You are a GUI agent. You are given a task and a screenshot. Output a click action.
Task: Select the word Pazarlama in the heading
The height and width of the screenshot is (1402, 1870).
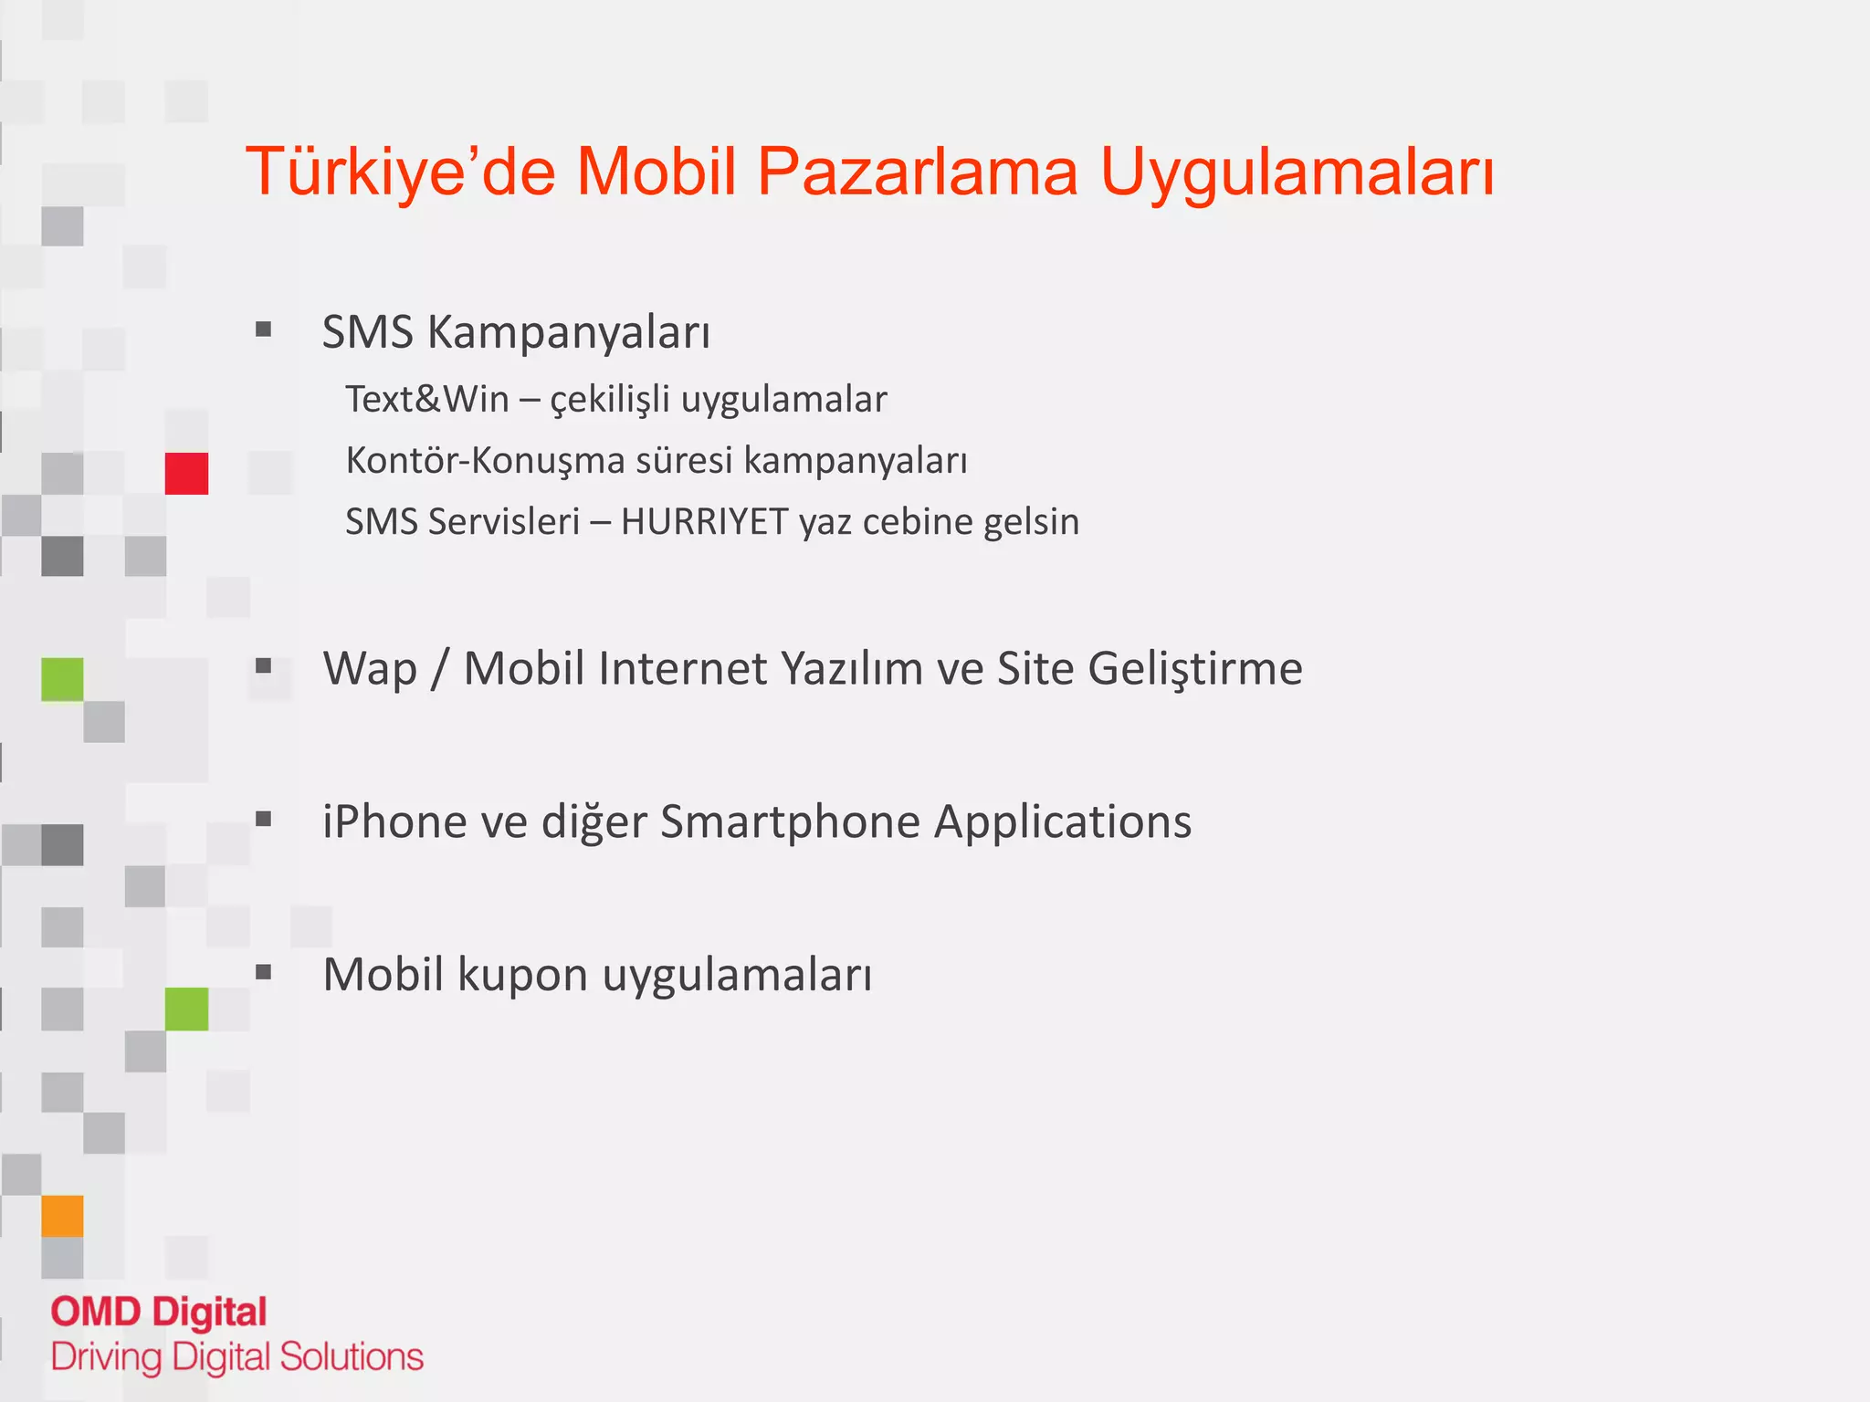tap(917, 172)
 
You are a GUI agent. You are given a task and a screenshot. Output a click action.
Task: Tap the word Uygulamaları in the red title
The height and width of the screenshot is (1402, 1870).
tap(1297, 172)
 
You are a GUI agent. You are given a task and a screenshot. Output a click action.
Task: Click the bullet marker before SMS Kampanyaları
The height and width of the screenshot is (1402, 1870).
tap(264, 330)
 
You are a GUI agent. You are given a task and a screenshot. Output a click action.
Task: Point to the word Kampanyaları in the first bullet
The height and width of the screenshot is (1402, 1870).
tap(568, 333)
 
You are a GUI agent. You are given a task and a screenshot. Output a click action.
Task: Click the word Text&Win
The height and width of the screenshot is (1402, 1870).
tap(426, 400)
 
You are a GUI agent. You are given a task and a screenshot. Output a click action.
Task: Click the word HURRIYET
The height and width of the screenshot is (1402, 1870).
tap(704, 522)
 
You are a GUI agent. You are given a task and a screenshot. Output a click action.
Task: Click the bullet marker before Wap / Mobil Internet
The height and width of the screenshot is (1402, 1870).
tap(264, 666)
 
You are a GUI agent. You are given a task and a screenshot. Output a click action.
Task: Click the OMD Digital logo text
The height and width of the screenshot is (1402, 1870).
tap(159, 1312)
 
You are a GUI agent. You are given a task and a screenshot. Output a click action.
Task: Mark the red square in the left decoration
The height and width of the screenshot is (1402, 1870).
tap(186, 474)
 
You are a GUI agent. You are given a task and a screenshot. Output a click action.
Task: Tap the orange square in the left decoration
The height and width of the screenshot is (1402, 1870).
tap(62, 1216)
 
